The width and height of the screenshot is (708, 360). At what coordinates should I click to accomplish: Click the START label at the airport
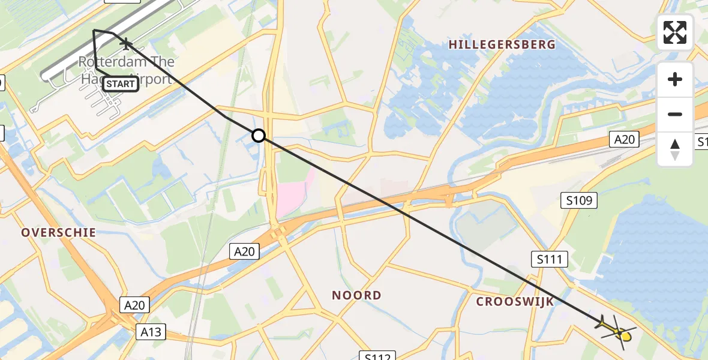(121, 84)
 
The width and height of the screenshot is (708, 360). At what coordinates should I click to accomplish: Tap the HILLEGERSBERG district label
(502, 44)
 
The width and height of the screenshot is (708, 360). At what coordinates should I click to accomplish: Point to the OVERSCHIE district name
(59, 233)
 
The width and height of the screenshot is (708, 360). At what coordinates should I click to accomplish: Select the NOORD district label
(356, 295)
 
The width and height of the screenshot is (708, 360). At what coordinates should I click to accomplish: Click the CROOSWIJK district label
(515, 302)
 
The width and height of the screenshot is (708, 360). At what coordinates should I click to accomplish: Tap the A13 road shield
(151, 332)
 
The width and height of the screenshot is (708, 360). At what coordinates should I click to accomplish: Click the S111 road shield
(549, 259)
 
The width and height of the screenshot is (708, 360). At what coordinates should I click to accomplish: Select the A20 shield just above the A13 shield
(134, 305)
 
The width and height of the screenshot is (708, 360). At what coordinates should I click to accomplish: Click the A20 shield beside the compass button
(624, 140)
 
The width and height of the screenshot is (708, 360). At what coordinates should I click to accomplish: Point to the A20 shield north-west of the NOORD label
(244, 251)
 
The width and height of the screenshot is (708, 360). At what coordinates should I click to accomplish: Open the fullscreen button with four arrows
(675, 32)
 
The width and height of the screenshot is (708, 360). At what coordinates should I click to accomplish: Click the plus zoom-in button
(675, 79)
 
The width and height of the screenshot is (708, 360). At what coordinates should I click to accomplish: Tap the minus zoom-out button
(675, 114)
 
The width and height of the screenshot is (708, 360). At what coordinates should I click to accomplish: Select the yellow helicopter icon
(618, 329)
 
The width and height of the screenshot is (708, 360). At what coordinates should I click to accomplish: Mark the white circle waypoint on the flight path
(259, 136)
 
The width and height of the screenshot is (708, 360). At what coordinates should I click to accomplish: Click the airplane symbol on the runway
(126, 43)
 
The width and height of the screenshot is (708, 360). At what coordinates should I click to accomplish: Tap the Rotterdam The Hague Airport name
(127, 70)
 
